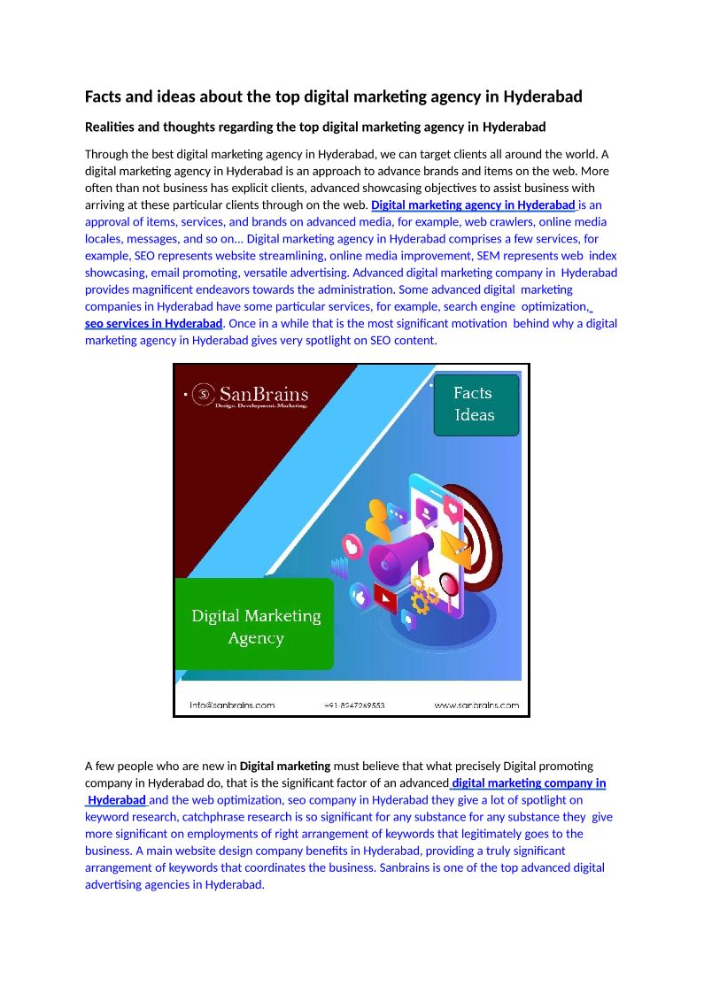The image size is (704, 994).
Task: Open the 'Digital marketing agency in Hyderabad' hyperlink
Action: [x=473, y=205]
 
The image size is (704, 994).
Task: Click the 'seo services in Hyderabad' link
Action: [x=153, y=323]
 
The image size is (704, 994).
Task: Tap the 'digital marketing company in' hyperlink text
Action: [x=529, y=782]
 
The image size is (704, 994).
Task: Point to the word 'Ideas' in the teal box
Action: [x=475, y=415]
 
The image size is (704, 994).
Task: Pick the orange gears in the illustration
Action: [x=424, y=597]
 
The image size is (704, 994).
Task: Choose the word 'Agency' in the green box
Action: [x=256, y=638]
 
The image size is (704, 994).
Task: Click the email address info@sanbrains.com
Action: [x=232, y=705]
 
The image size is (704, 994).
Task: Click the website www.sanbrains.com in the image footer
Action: [x=476, y=705]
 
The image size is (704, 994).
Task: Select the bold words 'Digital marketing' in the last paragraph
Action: [x=285, y=766]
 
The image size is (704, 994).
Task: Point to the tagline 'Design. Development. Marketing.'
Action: [x=261, y=405]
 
